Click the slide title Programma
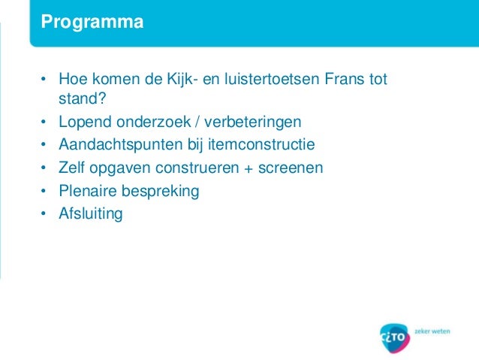pos(92,23)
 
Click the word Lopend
pos(82,122)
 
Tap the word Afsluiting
pos(90,213)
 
